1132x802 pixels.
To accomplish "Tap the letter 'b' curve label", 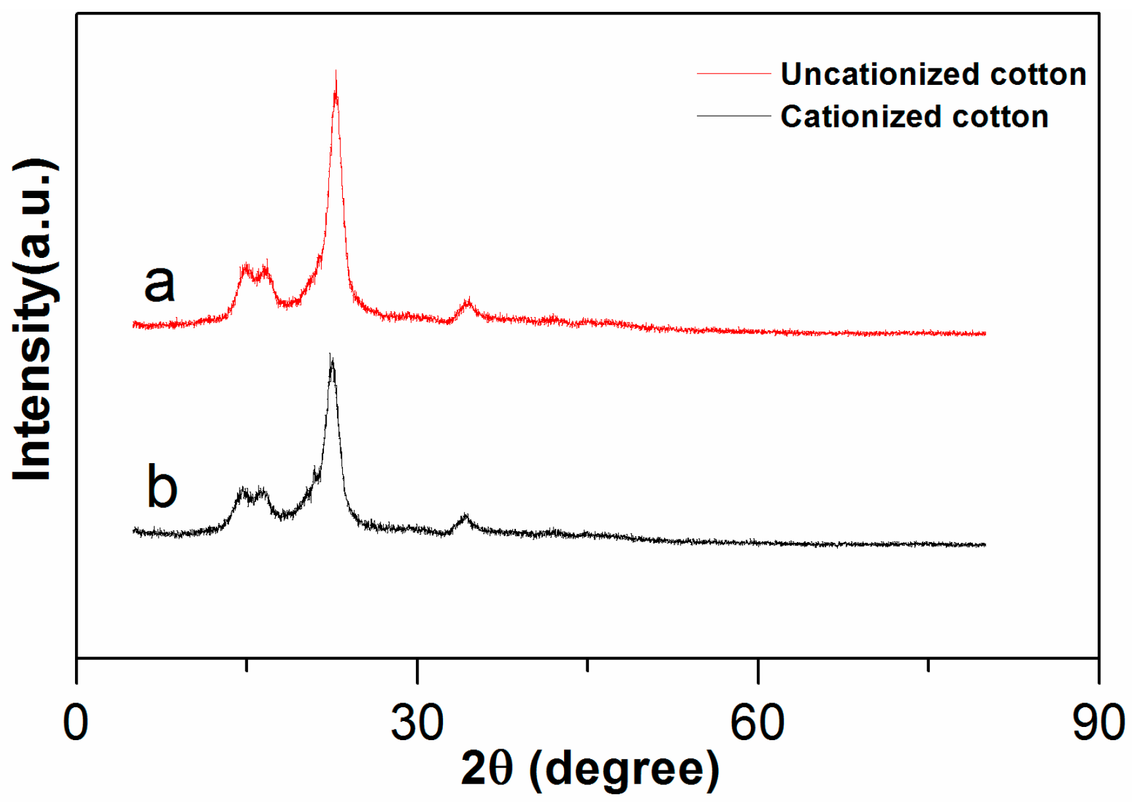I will [162, 487].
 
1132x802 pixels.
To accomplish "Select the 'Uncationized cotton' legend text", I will [933, 74].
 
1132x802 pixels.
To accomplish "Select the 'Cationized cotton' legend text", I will [914, 117].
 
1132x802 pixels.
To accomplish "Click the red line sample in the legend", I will [733, 74].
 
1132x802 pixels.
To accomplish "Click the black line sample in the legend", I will [733, 116].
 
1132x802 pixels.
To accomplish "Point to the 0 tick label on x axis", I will [76, 722].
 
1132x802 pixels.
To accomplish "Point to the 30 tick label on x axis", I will [417, 722].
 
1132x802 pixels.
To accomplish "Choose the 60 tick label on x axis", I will [758, 722].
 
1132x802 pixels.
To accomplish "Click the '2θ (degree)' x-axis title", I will [590, 768].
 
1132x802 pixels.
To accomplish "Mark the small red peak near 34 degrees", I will [468, 304].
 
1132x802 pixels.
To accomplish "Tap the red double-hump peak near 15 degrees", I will [255, 271].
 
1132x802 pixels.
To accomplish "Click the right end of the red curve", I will [984, 334].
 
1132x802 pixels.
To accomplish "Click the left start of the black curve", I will [134, 530].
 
